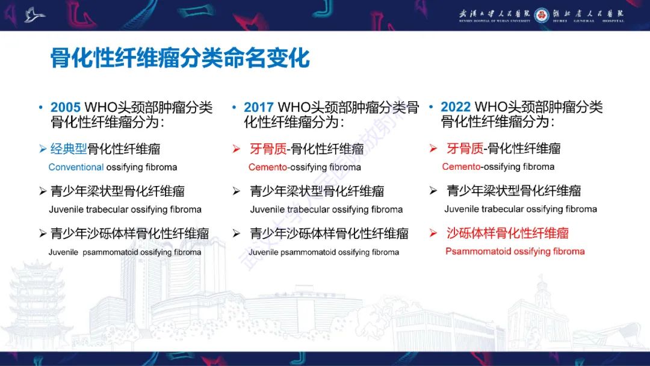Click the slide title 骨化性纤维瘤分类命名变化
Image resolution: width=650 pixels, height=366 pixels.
pyautogui.click(x=180, y=58)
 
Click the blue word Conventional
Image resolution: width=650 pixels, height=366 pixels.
pyautogui.click(x=76, y=167)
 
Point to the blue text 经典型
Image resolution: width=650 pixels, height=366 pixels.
pyautogui.click(x=69, y=149)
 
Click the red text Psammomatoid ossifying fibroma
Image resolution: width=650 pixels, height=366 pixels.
pyautogui.click(x=515, y=251)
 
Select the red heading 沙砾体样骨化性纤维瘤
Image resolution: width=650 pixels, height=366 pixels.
pyautogui.click(x=507, y=233)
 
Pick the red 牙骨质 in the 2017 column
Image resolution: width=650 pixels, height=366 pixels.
pyautogui.click(x=268, y=149)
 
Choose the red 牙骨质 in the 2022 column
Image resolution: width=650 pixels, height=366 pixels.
pyautogui.click(x=465, y=148)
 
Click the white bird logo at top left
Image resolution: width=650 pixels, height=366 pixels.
pyautogui.click(x=34, y=14)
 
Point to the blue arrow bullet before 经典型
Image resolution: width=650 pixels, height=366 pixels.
pyautogui.click(x=42, y=149)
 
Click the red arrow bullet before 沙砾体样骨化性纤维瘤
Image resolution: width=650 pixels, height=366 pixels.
pyautogui.click(x=433, y=234)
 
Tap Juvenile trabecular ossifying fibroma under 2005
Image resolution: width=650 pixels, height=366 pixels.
pyautogui.click(x=125, y=209)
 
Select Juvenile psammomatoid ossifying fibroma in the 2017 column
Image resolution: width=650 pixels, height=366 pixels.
pyautogui.click(x=324, y=252)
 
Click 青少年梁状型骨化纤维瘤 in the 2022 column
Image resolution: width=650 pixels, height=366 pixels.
pyautogui.click(x=513, y=191)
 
